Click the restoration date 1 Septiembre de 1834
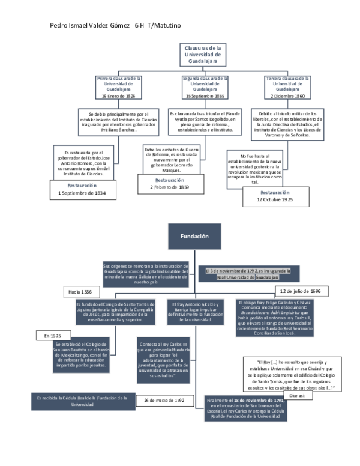coord(82,193)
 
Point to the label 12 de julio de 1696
coord(299,291)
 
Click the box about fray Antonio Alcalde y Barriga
coord(192,311)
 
